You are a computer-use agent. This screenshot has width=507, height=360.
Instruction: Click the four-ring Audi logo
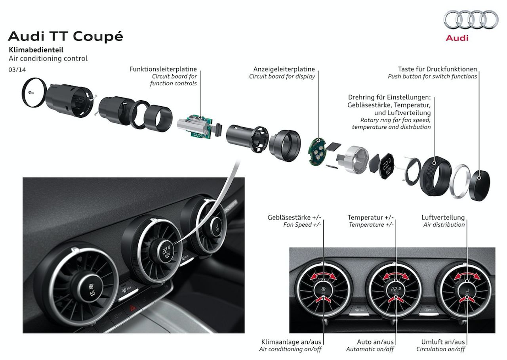[471, 21]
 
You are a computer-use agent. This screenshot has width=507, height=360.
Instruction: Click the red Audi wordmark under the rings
[457, 38]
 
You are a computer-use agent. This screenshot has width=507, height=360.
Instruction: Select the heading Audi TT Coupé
[65, 36]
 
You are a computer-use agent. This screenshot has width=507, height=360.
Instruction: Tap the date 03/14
[17, 69]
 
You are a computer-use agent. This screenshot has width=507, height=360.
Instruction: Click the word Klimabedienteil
[36, 50]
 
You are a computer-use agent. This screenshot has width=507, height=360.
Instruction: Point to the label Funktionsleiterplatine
[163, 69]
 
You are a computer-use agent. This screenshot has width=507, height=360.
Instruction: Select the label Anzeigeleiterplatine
[284, 69]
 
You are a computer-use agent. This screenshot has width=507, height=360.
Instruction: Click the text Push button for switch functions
[432, 77]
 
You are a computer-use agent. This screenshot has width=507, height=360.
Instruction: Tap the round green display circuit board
[316, 151]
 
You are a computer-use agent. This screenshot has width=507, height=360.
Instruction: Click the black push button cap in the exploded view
[480, 185]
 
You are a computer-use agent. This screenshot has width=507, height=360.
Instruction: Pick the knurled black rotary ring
[435, 176]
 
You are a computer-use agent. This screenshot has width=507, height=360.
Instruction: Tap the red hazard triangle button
[132, 308]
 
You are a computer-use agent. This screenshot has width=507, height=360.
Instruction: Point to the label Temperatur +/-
[370, 218]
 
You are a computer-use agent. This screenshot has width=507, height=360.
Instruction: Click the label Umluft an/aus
[443, 342]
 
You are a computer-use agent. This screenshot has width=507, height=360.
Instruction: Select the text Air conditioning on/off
[290, 349]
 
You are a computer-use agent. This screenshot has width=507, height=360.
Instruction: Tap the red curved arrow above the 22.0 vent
[396, 276]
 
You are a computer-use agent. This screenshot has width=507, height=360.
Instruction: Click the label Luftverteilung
[443, 218]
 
